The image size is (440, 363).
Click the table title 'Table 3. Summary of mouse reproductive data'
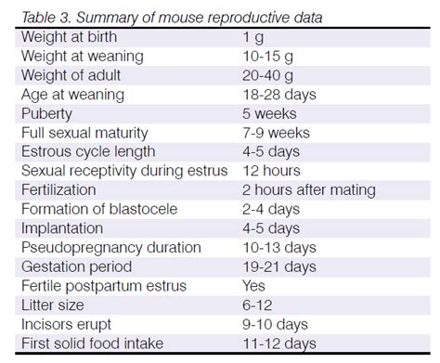point(173,17)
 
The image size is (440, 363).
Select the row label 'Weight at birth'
point(73,36)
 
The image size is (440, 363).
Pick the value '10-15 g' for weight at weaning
point(268,56)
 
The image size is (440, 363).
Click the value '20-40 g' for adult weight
point(268,75)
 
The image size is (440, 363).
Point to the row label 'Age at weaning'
point(72,94)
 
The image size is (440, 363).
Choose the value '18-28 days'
point(278,94)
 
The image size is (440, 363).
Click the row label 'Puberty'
point(47,113)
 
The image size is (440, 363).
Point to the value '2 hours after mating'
point(307,190)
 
